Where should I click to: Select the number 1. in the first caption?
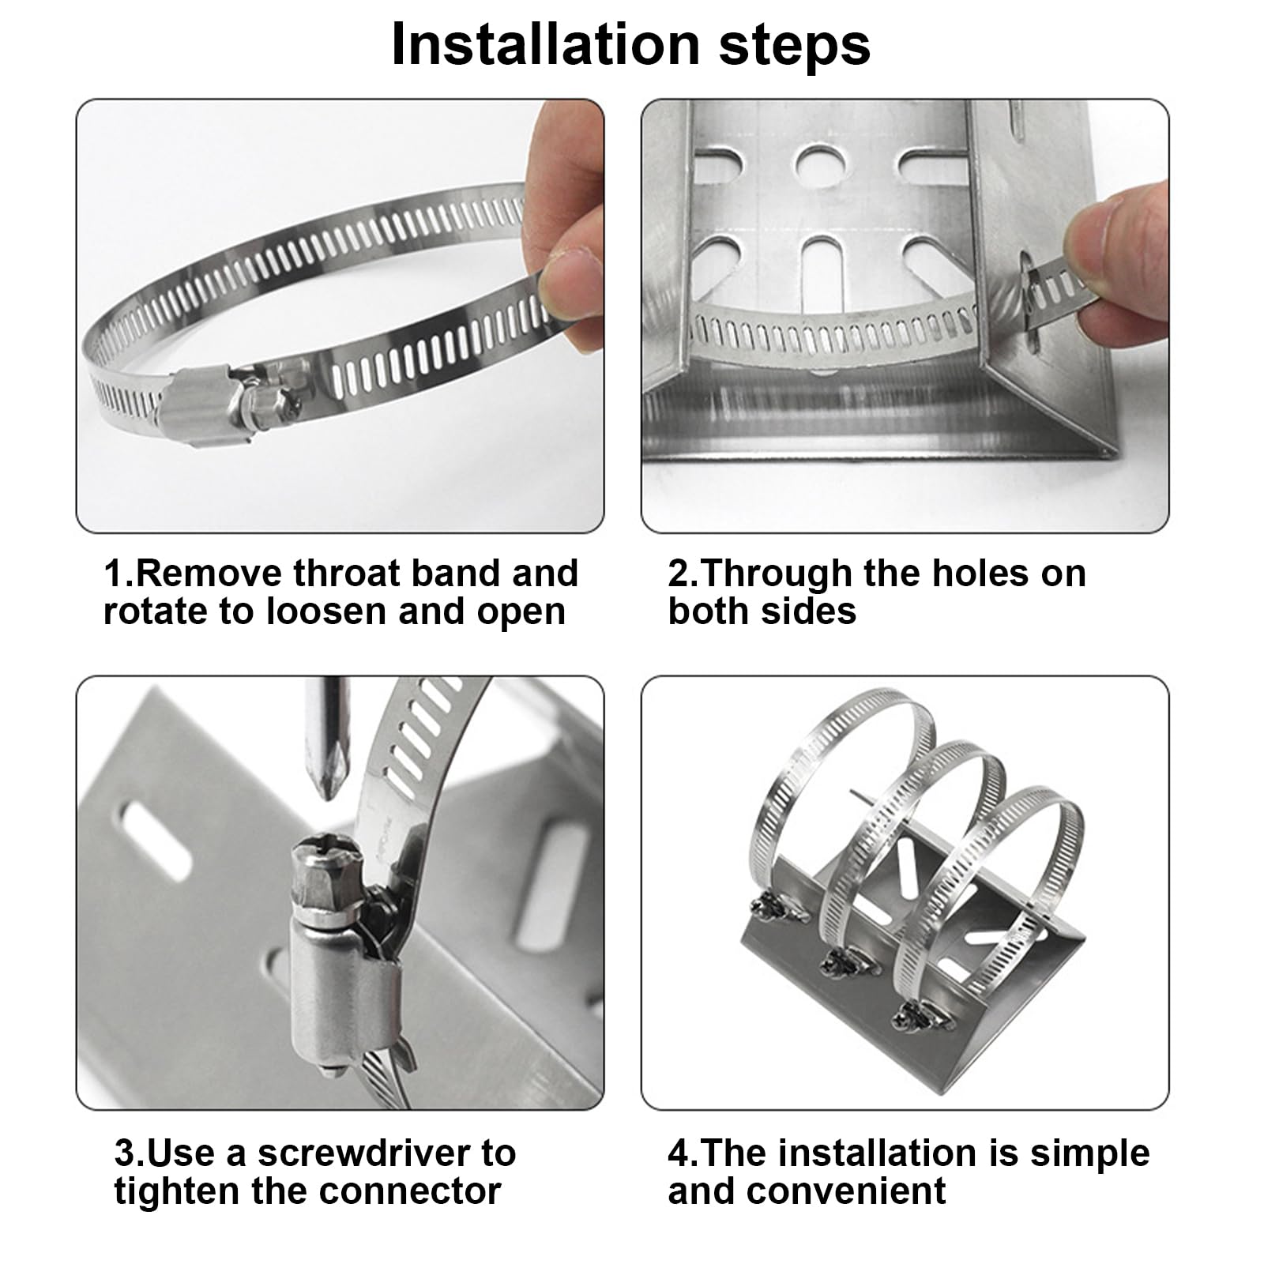click(118, 573)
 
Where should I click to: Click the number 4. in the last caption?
click(683, 1153)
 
